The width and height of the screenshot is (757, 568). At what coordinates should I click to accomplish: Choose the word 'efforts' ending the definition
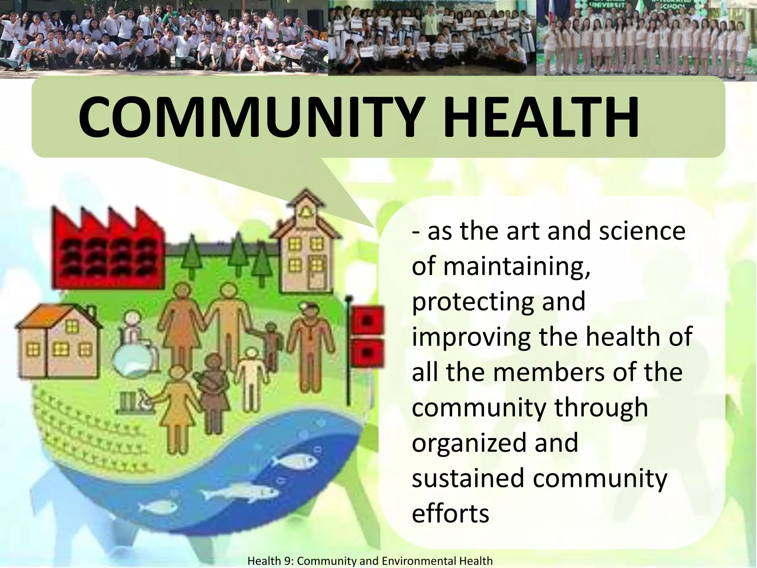(450, 513)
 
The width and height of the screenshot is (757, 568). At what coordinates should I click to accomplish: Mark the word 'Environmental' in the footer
(419, 561)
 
